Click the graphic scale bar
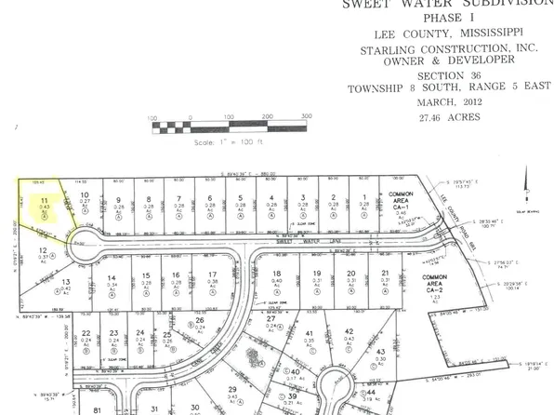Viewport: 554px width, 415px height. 228,127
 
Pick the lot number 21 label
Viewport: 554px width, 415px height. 384,274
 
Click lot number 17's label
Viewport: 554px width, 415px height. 213,274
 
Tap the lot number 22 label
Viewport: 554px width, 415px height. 86,333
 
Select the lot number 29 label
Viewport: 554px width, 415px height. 233,389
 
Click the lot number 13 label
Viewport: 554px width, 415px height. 65,281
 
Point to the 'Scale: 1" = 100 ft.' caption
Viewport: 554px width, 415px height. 229,143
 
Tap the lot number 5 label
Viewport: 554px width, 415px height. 240,198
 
